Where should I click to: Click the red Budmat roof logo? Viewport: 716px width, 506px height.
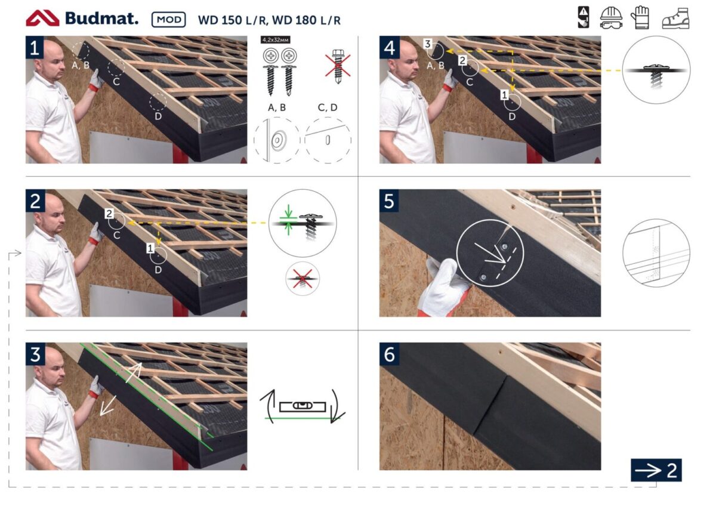(42, 18)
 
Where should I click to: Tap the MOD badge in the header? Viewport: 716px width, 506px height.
(169, 20)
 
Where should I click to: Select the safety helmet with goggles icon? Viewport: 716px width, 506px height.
(611, 18)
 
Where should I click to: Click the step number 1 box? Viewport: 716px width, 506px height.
(35, 47)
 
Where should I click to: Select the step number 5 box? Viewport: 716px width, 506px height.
(389, 200)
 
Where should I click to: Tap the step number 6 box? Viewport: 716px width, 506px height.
(389, 354)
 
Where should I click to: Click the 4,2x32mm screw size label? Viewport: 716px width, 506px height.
(276, 40)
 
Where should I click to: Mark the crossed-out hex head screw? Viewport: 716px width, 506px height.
(338, 66)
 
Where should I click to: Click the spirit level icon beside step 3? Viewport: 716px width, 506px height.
(303, 406)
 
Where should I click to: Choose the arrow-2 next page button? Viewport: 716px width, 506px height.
(656, 470)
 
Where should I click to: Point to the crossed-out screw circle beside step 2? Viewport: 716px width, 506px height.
(303, 279)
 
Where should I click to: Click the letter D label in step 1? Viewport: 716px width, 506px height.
(158, 116)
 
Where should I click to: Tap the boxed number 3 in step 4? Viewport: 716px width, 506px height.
(428, 44)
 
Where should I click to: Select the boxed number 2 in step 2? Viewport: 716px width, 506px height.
(109, 214)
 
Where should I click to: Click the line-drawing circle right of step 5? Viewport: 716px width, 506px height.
(656, 253)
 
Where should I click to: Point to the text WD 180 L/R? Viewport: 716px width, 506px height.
(306, 20)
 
